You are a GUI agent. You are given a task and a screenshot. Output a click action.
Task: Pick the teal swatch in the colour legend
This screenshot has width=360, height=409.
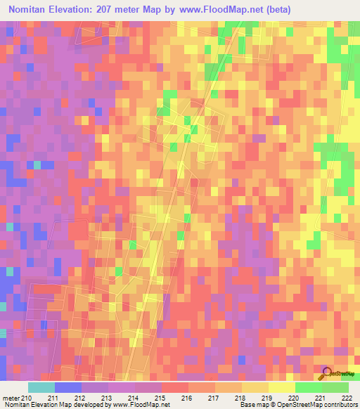pyautogui.click(x=41, y=387)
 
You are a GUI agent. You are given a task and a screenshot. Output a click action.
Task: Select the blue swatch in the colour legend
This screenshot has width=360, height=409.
pyautogui.click(x=67, y=387)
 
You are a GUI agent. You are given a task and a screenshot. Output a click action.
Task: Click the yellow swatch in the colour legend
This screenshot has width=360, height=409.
pyautogui.click(x=281, y=387)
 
